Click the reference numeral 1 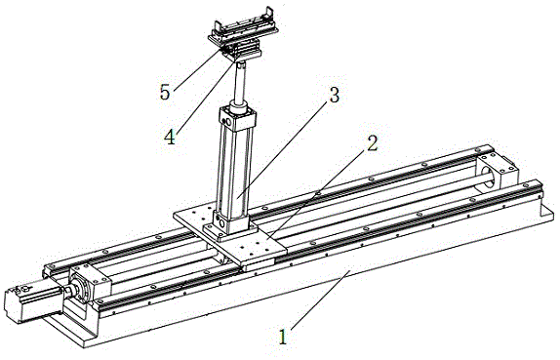point(283,337)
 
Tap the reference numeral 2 point(372,143)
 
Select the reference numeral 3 point(334,95)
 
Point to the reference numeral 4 point(170,137)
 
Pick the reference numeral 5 point(165,93)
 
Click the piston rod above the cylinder point(240,83)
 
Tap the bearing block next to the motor point(90,281)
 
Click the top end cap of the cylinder point(237,119)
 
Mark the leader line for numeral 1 point(320,300)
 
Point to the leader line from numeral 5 point(201,68)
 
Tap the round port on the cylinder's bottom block point(222,224)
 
